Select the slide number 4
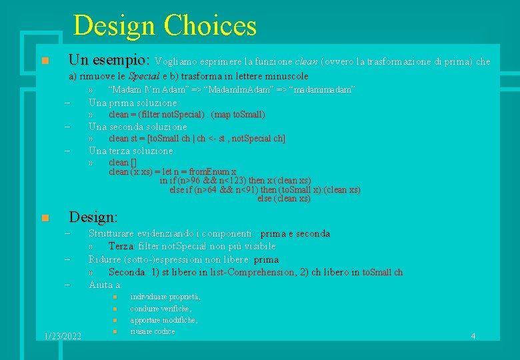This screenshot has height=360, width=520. [473, 336]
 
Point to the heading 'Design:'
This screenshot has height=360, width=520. [93, 217]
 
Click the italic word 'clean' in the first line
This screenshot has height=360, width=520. [306, 62]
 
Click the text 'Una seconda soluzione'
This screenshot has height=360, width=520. [138, 127]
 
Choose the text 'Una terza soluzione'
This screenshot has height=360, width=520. [131, 151]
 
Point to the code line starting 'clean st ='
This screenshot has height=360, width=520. [197, 139]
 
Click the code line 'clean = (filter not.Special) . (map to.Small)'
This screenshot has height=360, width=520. [187, 115]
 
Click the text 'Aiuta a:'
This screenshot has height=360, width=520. [105, 285]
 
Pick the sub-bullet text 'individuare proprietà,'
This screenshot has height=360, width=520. [165, 297]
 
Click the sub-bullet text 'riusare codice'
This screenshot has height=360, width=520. [153, 331]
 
